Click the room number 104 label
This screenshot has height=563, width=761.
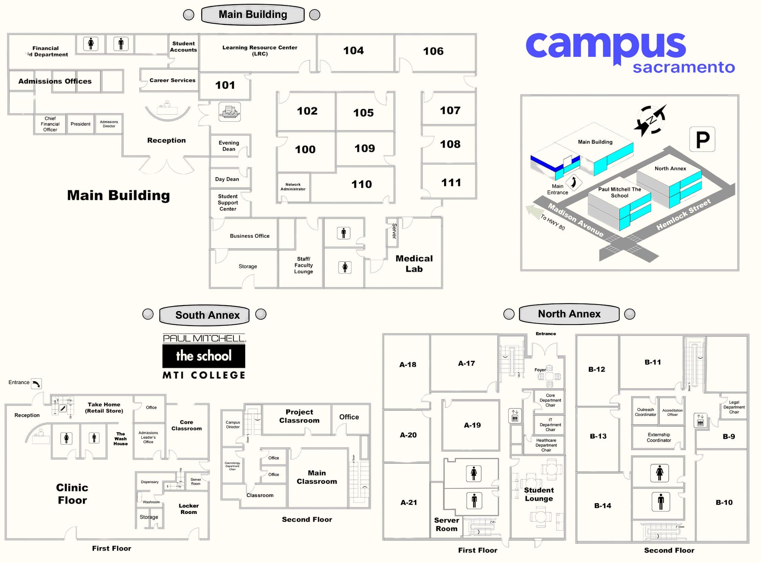[353, 51]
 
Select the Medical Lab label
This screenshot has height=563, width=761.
[414, 264]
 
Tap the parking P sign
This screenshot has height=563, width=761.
[702, 139]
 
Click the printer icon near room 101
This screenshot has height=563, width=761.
[229, 112]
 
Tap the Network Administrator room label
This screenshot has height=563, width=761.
[293, 187]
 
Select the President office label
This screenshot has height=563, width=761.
[80, 124]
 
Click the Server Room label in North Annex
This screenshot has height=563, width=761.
[446, 524]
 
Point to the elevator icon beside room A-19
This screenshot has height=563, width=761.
[514, 416]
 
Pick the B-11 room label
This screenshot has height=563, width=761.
[653, 362]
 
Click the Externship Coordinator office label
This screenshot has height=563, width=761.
[659, 437]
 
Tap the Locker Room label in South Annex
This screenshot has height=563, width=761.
[188, 509]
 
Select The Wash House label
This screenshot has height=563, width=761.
[120, 439]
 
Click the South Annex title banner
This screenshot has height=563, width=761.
[207, 315]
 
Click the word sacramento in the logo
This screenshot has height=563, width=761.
[683, 67]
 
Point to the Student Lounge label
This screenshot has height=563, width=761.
[538, 494]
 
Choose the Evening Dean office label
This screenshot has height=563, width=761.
[229, 146]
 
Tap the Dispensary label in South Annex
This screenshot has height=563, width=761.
[149, 482]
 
